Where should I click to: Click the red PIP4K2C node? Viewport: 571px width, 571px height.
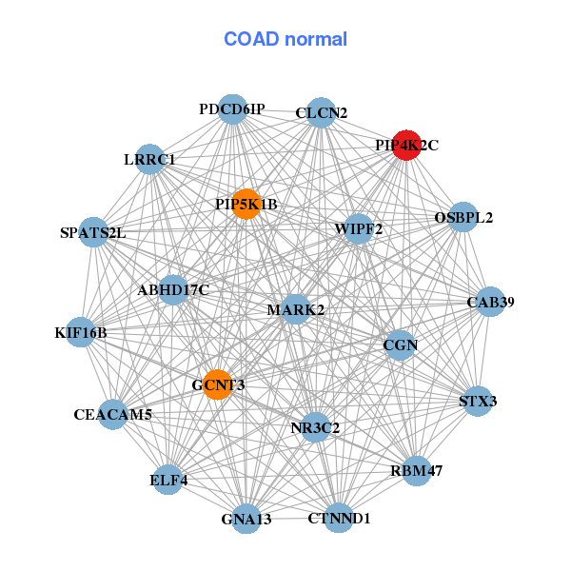point(406,146)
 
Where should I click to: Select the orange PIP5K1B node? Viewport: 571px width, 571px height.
point(246,205)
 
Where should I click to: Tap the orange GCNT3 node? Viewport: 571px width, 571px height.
point(218,384)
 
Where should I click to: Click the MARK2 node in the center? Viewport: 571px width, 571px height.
point(296,309)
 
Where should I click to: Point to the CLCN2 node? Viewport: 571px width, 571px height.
point(321,112)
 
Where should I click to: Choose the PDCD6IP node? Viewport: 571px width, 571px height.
point(232,109)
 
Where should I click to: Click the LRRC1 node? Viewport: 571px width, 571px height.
point(149,159)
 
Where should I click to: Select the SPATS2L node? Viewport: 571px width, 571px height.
point(92,232)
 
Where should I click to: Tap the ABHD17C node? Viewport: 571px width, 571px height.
point(173,289)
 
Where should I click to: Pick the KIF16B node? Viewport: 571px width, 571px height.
point(81,332)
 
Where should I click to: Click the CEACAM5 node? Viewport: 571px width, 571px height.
point(113,414)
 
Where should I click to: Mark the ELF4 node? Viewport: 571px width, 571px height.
point(169,480)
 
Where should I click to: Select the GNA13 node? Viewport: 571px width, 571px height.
point(246,519)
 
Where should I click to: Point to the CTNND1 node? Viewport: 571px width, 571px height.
point(339,518)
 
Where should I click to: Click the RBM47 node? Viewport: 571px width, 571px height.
point(416,470)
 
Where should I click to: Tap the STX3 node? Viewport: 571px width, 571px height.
point(477,401)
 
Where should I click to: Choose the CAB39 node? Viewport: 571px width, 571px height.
point(490,303)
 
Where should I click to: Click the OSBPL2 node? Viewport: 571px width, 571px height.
point(463,217)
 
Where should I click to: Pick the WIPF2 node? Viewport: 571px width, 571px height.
point(358,229)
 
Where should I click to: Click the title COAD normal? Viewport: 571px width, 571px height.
point(285,39)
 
